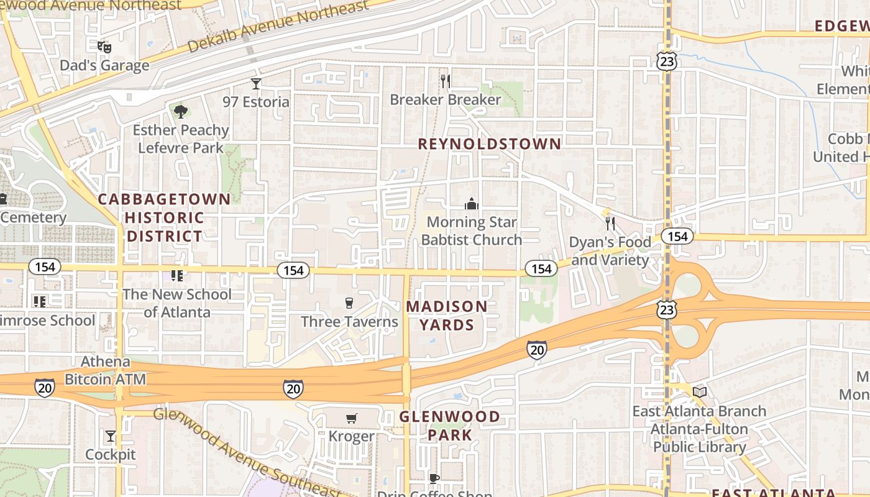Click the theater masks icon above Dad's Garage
tap(104, 47)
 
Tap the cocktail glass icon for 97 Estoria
tap(256, 83)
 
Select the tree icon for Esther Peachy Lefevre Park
tap(181, 112)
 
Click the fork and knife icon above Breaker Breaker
tap(445, 81)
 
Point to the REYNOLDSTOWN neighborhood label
tap(489, 144)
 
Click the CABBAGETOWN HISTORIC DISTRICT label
tap(164, 217)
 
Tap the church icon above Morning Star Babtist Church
tap(472, 203)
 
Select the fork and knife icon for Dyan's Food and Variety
tap(610, 223)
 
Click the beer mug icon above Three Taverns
tap(349, 303)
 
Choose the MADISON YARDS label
tap(447, 315)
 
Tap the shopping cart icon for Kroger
tap(352, 418)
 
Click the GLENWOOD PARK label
tap(449, 426)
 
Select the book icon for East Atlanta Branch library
tap(700, 392)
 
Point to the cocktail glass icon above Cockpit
tap(111, 436)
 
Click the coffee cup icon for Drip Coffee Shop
tap(434, 478)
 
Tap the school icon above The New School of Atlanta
tap(177, 275)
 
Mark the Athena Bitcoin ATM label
tap(106, 370)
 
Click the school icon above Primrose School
tap(40, 302)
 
